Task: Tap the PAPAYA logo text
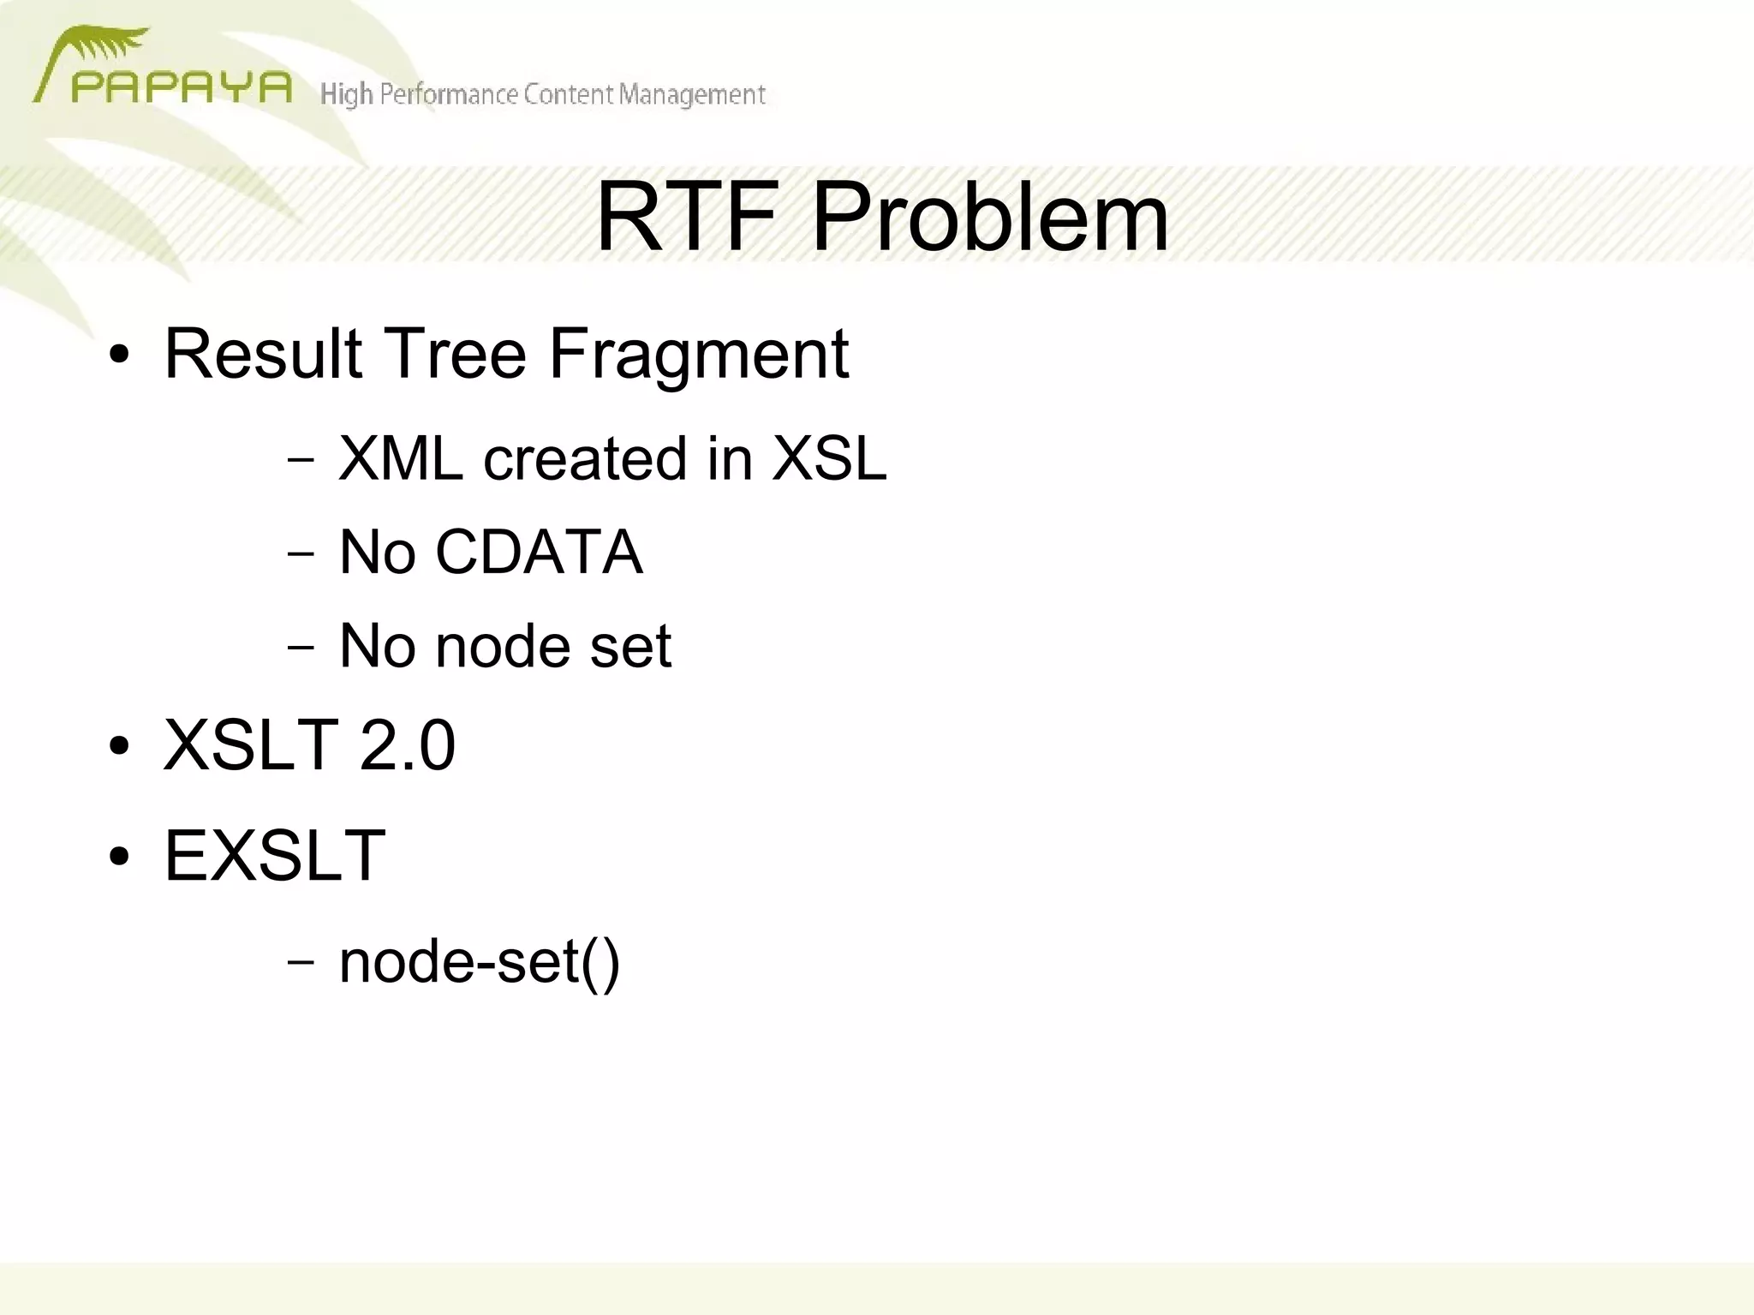click(182, 87)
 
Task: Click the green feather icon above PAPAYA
click(107, 45)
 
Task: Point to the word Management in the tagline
click(692, 94)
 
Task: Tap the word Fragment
click(698, 355)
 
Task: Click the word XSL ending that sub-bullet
click(829, 458)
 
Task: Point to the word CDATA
click(539, 552)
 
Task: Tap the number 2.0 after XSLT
click(407, 744)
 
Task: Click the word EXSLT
click(275, 855)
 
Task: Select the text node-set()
click(479, 962)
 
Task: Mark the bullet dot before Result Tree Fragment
click(119, 355)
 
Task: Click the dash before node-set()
click(301, 961)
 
